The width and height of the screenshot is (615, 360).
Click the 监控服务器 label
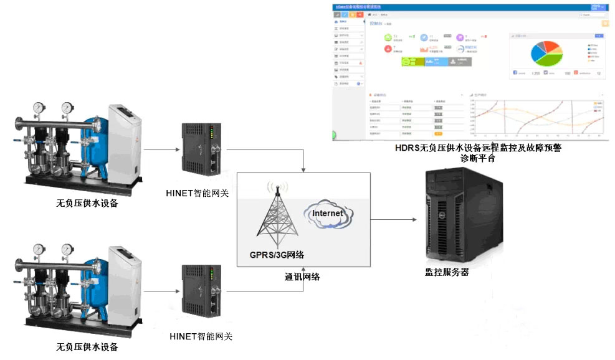[446, 272]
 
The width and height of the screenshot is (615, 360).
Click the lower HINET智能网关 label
[201, 336]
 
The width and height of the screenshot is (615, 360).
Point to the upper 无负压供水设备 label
[87, 203]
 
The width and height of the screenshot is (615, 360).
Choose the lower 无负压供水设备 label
[87, 347]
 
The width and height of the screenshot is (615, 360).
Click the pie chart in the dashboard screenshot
[546, 53]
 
